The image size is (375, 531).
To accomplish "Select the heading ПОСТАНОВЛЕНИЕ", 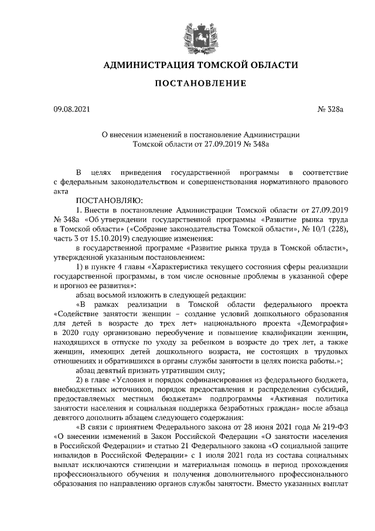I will coord(200,84).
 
